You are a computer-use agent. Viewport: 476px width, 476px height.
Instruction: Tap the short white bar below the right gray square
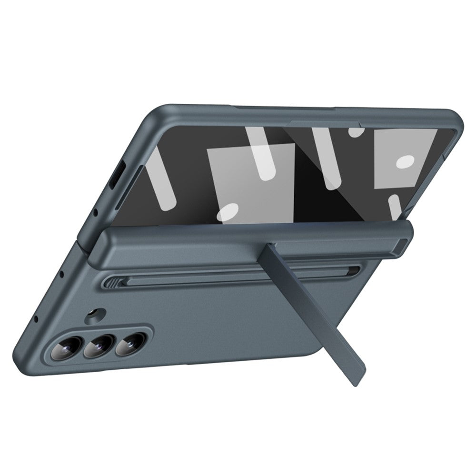click(x=396, y=208)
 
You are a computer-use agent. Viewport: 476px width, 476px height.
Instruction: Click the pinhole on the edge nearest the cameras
click(x=36, y=317)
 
